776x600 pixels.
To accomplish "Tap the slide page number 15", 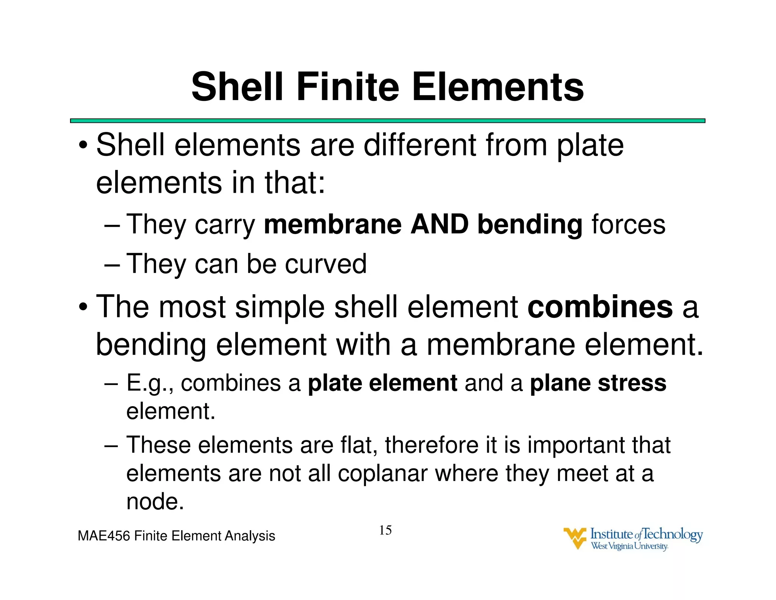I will tap(385, 530).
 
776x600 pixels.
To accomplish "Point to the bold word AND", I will tap(440, 224).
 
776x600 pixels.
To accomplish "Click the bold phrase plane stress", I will tap(598, 383).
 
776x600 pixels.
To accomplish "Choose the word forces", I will tap(628, 224).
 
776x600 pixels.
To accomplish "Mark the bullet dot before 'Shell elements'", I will tap(83, 146).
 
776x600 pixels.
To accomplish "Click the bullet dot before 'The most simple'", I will tap(83, 307).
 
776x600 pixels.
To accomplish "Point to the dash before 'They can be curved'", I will tap(112, 265).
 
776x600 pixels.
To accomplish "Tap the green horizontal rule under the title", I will tap(387, 121).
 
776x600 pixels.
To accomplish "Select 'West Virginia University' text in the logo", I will tap(629, 546).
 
